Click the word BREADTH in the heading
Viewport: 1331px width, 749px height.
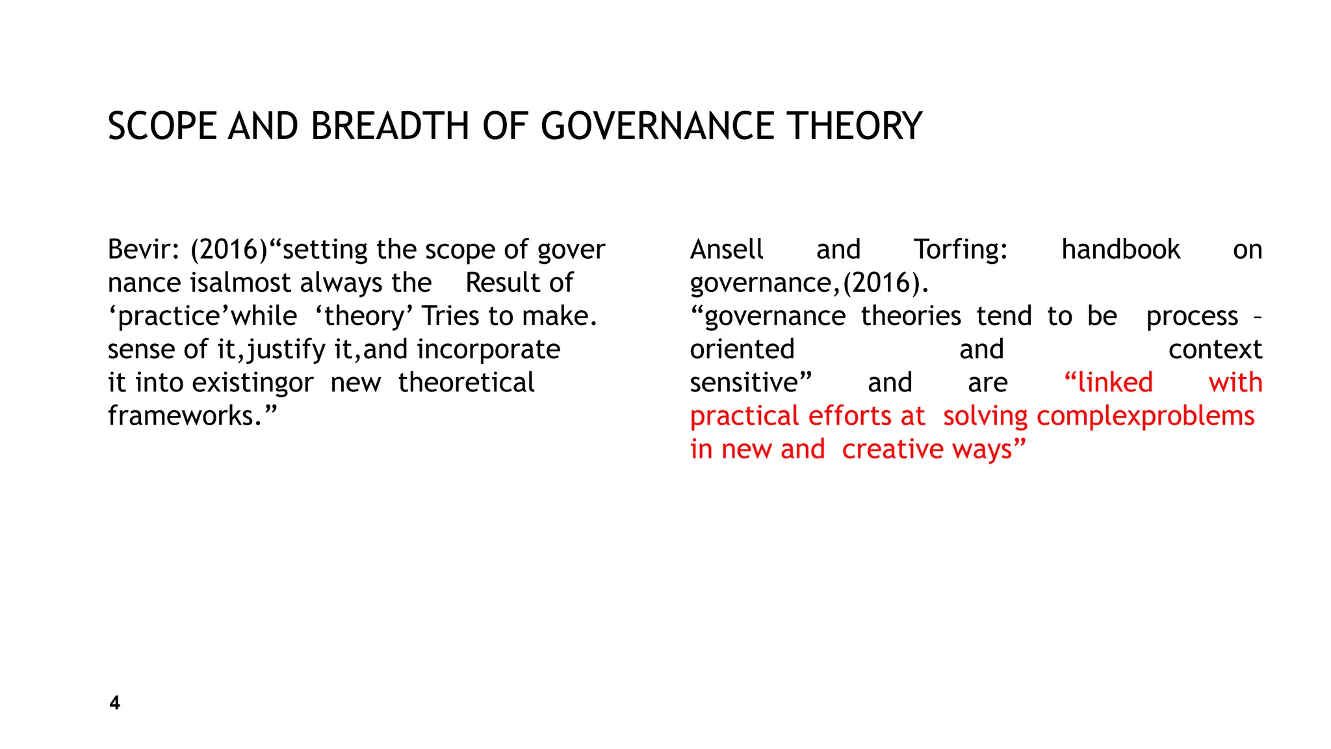[390, 126]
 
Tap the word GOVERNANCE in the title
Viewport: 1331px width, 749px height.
[657, 126]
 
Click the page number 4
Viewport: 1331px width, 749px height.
[115, 703]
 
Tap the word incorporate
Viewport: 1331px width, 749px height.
[488, 350]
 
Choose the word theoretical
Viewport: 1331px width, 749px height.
[466, 383]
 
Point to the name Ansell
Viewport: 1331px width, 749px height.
[727, 250]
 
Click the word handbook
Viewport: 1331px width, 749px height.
[1120, 250]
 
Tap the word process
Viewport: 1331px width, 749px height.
[1192, 317]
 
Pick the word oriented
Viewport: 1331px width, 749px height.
[742, 350]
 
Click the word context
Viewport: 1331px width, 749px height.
[1215, 350]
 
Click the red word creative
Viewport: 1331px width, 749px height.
[894, 450]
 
